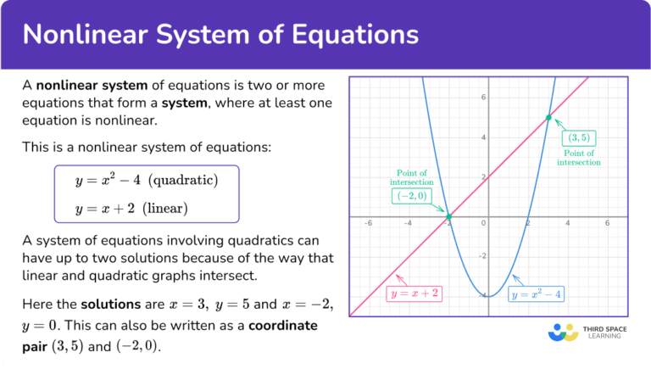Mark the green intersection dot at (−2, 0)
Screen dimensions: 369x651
(x=448, y=218)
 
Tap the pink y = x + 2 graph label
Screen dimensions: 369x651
(x=415, y=294)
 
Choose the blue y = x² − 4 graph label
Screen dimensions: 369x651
(x=536, y=295)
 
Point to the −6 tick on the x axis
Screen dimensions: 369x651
(x=368, y=225)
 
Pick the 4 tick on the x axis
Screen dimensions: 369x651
(x=568, y=225)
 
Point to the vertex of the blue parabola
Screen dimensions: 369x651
(x=488, y=296)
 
